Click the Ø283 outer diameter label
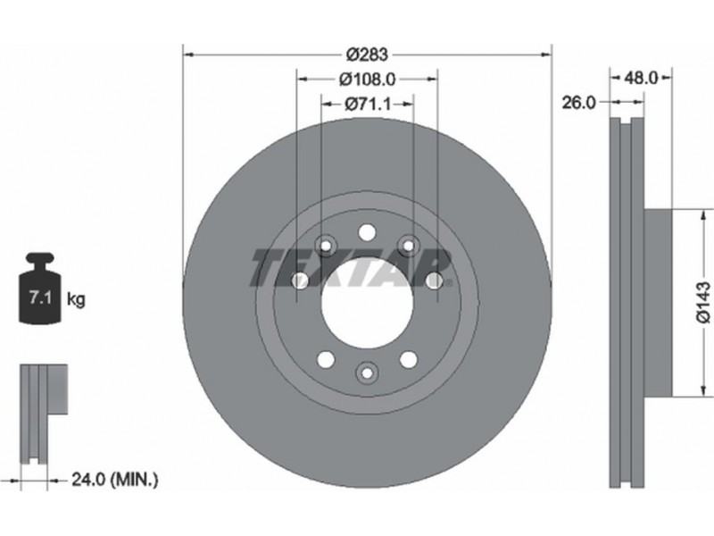367,54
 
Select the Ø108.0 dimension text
368,80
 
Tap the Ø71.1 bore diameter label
368,105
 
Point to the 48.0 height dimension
641,78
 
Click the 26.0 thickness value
578,103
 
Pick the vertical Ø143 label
703,303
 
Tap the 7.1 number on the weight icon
40,298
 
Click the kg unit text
76,299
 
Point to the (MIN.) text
135,479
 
